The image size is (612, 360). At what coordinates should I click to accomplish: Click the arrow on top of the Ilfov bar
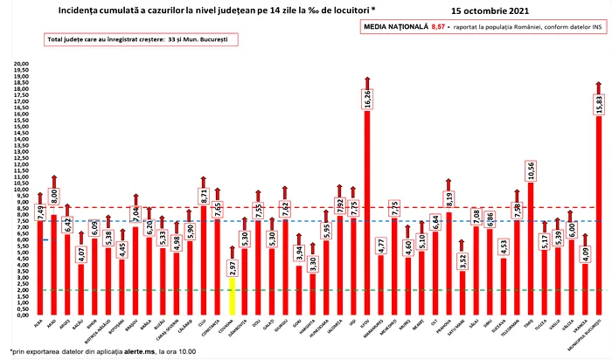[367, 81]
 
